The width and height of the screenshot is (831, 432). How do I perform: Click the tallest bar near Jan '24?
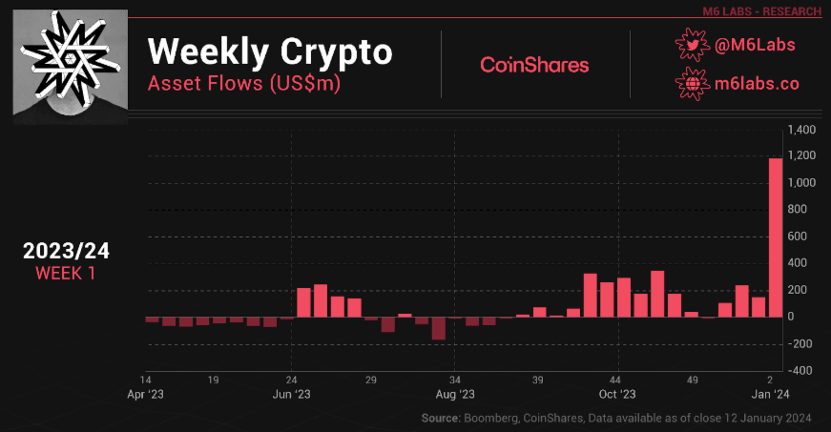[x=776, y=237]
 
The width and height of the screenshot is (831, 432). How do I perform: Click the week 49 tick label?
[x=692, y=379]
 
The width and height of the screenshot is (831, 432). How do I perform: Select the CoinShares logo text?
[x=534, y=65]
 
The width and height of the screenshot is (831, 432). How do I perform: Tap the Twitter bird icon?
[x=693, y=45]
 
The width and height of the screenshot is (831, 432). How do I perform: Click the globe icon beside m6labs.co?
[x=693, y=83]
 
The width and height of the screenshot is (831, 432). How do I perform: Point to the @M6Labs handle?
[x=755, y=45]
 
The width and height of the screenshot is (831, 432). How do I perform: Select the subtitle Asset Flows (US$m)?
[x=244, y=83]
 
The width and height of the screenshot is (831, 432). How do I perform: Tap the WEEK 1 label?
[x=67, y=274]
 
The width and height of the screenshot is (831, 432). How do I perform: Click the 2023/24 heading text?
[x=67, y=252]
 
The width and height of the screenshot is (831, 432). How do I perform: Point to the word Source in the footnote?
[x=440, y=419]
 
